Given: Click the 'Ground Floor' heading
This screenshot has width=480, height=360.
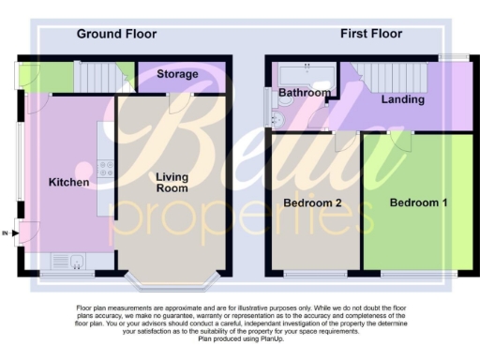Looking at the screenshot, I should (116, 34).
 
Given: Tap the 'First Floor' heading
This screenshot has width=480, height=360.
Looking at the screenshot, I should (370, 34).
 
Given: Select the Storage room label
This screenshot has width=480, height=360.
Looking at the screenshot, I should (177, 74).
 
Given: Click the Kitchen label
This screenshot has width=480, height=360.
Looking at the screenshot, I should (69, 182).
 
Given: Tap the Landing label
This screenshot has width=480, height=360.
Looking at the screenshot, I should (403, 99).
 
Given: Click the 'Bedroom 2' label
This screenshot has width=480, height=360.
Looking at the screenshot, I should (311, 203).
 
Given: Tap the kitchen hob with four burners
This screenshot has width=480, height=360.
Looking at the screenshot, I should (106, 172).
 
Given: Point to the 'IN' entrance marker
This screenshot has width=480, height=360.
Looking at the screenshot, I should (7, 232).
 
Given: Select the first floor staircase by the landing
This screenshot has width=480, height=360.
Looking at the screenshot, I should (383, 74).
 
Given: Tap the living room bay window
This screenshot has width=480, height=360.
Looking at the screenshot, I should (170, 278).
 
